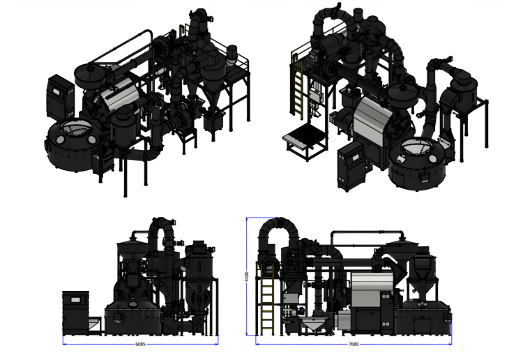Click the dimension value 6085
tap(140, 344)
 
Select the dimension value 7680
tap(353, 344)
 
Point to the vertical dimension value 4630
tap(247, 276)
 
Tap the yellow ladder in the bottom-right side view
tap(267, 299)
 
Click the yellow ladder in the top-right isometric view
tap(298, 89)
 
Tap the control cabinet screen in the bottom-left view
tap(76, 300)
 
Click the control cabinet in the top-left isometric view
tap(60, 97)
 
